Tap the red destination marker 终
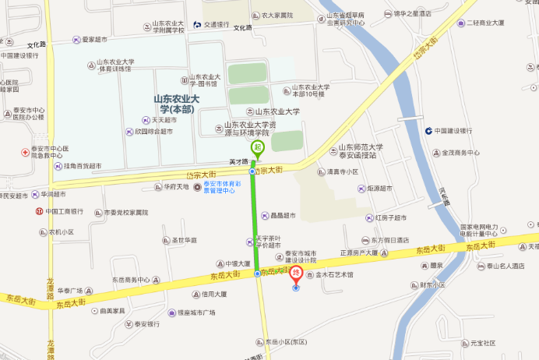click(296, 274)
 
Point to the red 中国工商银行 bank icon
click(38, 211)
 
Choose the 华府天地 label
click(176, 187)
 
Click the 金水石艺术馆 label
click(333, 275)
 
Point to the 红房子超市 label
click(390, 218)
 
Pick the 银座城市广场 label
click(196, 312)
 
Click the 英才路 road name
click(238, 162)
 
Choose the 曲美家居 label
click(112, 310)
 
